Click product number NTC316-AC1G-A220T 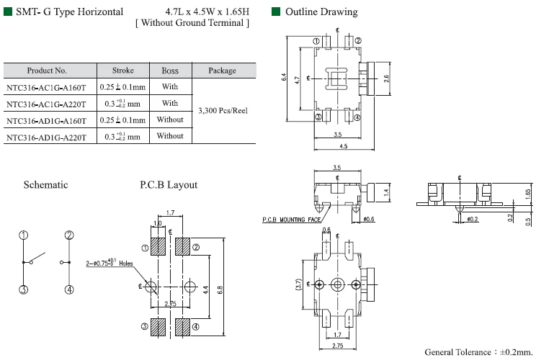point(46,104)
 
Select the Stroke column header point(123,71)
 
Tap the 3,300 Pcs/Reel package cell point(223,111)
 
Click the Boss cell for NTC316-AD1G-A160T point(170,120)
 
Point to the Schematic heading point(45,185)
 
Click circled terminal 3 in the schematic point(24,289)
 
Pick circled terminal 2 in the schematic point(69,235)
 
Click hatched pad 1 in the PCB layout point(159,247)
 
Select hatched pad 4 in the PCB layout point(182,327)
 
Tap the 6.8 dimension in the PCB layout point(220,289)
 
